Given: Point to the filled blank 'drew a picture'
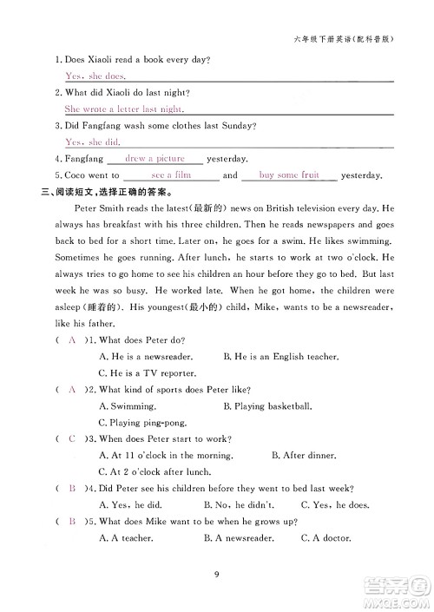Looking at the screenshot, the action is [155, 159].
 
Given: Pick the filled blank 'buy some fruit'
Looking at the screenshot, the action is [289, 174].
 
